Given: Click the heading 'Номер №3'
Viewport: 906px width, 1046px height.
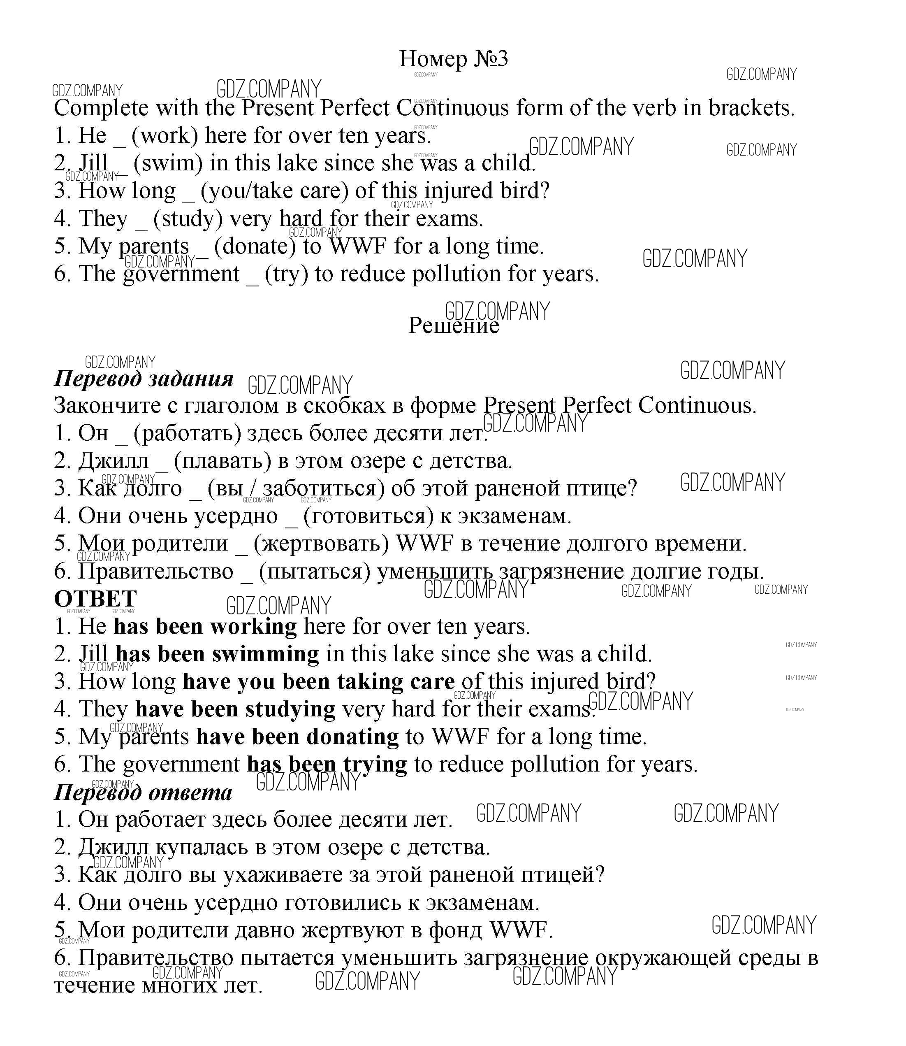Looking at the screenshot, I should [453, 59].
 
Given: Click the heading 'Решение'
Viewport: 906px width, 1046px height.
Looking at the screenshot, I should [453, 325].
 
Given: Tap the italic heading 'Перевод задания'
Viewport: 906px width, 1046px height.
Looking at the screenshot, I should [144, 379].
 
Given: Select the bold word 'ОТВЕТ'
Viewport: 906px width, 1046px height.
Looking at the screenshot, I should [95, 599].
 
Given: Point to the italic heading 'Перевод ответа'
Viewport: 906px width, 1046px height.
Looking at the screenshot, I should [143, 793].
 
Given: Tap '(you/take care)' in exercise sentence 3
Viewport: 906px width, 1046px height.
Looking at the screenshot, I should [275, 191].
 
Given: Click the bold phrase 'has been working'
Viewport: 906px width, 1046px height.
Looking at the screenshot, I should [205, 627].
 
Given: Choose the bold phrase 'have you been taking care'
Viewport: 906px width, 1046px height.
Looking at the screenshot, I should [318, 682].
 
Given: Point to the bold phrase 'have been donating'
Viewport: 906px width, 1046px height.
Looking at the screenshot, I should [297, 737].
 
